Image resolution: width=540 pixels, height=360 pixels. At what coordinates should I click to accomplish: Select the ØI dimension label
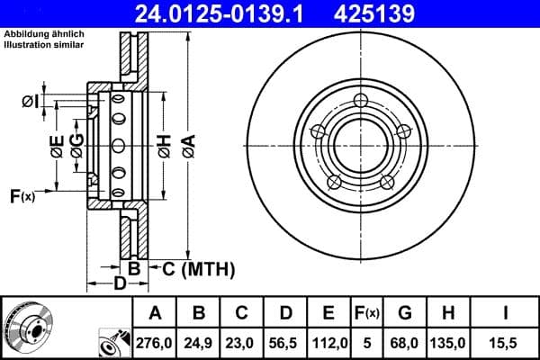29,101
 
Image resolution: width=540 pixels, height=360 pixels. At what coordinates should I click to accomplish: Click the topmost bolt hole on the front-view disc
361,100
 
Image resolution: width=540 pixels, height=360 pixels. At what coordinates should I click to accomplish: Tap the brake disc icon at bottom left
27,326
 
